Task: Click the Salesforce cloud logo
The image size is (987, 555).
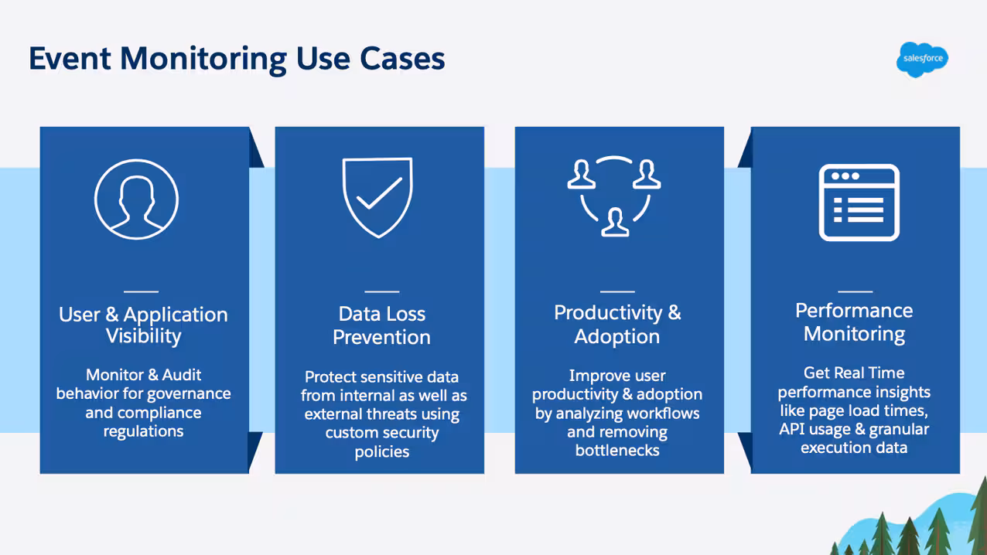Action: pos(922,59)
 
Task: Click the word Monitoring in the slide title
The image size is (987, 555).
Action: pos(203,59)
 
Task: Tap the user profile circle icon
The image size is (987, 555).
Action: pos(137,199)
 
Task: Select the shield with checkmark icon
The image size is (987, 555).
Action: pos(377,196)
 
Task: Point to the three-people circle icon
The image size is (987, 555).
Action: pos(614,196)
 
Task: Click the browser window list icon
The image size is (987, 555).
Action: pos(859,203)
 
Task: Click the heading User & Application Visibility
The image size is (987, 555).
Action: pos(143,325)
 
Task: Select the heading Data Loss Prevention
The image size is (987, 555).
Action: pos(381,325)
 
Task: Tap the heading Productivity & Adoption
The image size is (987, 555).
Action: pos(617,325)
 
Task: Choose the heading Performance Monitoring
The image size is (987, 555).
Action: pos(854,322)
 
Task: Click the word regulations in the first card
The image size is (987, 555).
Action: pos(143,431)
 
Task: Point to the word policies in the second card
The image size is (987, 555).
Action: pos(381,451)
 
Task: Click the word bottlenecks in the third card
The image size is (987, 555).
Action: pos(617,450)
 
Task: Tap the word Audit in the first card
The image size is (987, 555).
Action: pos(179,375)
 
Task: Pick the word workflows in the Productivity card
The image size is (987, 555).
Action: pos(661,413)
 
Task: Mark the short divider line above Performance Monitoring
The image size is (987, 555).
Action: pos(855,291)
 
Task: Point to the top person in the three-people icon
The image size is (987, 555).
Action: pos(581,175)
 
